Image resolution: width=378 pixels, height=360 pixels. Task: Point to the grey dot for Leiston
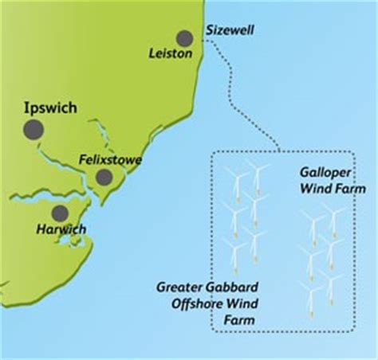[186, 37]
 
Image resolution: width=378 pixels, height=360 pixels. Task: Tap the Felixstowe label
[112, 159]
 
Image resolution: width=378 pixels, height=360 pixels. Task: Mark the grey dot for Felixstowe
[103, 177]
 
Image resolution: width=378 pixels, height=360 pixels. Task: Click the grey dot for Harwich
[59, 213]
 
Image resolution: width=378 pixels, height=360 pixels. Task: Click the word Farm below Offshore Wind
[241, 319]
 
